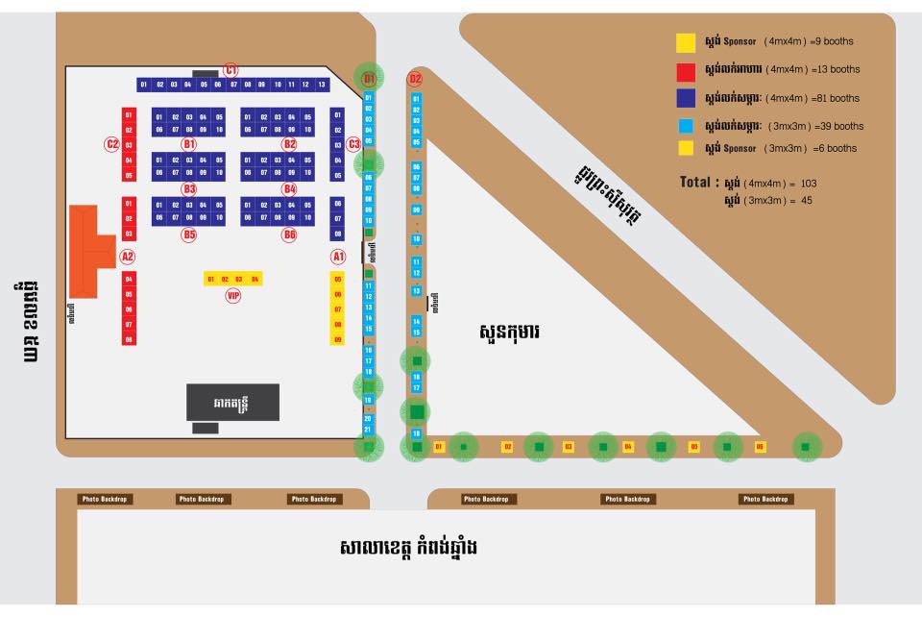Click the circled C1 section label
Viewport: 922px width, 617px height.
230,70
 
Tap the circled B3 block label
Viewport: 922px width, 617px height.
189,189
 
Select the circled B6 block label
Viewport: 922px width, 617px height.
289,234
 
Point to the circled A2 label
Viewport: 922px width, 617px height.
127,257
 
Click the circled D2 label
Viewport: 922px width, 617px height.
415,79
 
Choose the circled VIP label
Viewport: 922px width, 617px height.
232,296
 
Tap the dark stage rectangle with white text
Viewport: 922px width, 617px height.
232,403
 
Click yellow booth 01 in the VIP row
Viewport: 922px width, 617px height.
210,279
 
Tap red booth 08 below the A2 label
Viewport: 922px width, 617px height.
129,339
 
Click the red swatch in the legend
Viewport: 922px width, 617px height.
686,70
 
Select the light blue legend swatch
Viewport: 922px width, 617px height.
686,126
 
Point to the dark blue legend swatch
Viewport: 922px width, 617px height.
686,98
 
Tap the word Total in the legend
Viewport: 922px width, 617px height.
698,182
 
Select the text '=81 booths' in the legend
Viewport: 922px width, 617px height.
836,98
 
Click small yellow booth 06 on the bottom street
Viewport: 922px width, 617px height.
760,447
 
